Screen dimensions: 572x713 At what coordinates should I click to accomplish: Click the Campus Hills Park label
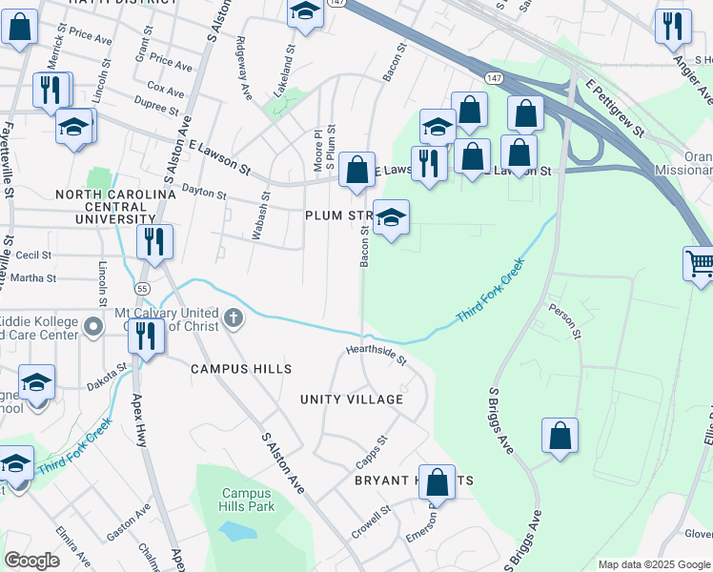(x=248, y=500)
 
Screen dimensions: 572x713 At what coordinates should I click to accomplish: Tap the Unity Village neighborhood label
(x=352, y=399)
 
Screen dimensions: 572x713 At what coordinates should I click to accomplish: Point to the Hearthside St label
(x=376, y=355)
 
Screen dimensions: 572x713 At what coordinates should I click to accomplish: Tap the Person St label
(x=563, y=321)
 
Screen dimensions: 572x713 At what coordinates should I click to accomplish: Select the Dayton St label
(x=202, y=194)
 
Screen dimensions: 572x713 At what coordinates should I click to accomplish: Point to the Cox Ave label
(x=166, y=91)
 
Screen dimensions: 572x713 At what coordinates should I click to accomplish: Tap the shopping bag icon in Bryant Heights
(x=438, y=481)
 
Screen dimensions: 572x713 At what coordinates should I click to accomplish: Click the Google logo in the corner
(x=31, y=561)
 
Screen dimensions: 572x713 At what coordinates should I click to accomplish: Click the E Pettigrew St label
(x=615, y=107)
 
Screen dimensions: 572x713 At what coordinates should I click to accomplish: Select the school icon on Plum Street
(x=391, y=218)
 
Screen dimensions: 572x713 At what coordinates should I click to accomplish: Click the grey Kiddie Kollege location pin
(x=93, y=327)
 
